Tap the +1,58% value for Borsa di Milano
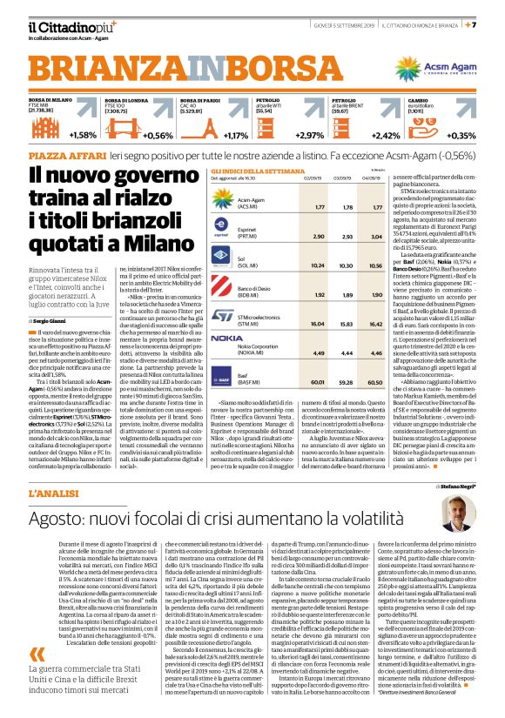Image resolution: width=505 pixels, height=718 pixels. click(83, 135)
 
